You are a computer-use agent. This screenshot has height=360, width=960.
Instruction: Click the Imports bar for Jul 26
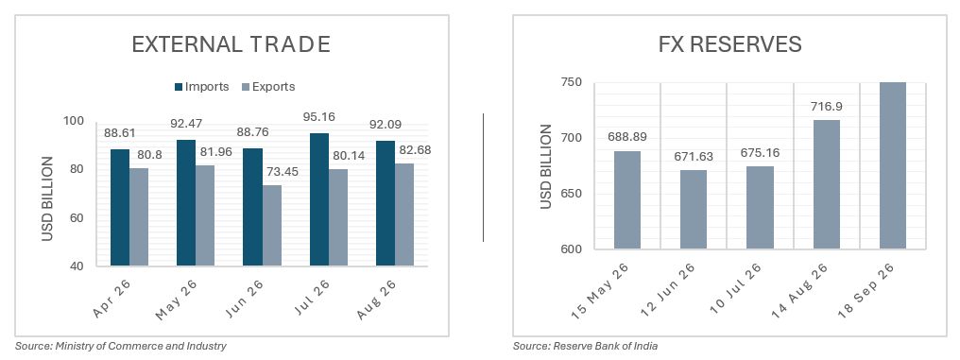point(319,199)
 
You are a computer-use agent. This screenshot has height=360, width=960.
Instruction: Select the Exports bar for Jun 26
point(272,226)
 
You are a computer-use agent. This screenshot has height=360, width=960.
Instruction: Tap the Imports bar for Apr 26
point(120,208)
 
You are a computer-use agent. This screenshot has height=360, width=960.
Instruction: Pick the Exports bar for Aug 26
point(404,214)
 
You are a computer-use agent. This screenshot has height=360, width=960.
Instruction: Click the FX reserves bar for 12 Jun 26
point(693,210)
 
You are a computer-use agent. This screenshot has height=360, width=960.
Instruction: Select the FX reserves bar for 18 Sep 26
point(893,166)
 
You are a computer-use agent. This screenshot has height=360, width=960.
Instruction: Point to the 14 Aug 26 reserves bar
point(827,184)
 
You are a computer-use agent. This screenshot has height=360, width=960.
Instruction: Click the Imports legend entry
point(201,87)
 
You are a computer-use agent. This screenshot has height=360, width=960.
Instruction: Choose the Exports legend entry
point(268,87)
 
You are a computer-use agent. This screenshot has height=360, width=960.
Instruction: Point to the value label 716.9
point(827,106)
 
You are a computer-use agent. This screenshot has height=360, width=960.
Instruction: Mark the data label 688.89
point(627,138)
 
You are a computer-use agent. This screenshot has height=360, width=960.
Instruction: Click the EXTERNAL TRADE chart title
point(231,44)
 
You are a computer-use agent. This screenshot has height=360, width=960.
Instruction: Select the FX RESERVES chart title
point(729,44)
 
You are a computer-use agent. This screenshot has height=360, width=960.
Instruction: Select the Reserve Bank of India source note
point(586,347)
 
